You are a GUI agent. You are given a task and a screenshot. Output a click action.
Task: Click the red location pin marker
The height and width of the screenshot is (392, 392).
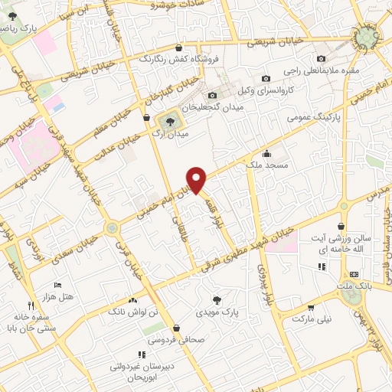coord(198,180)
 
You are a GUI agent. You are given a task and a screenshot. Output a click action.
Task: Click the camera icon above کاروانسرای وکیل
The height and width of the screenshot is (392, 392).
coord(266,78)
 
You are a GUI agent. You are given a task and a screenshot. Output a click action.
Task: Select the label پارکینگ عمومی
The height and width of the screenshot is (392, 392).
coord(309,119)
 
